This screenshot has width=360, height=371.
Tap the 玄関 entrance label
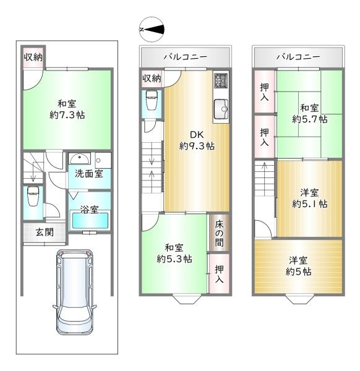(x=35, y=232)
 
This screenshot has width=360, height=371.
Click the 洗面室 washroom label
(x=89, y=174)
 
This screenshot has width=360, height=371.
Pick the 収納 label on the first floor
(x=33, y=57)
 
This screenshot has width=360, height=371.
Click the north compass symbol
(x=153, y=28)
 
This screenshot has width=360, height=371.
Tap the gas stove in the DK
(x=221, y=80)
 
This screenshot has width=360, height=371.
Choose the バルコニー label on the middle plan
(x=185, y=57)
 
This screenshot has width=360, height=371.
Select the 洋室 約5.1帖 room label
(x=309, y=198)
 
